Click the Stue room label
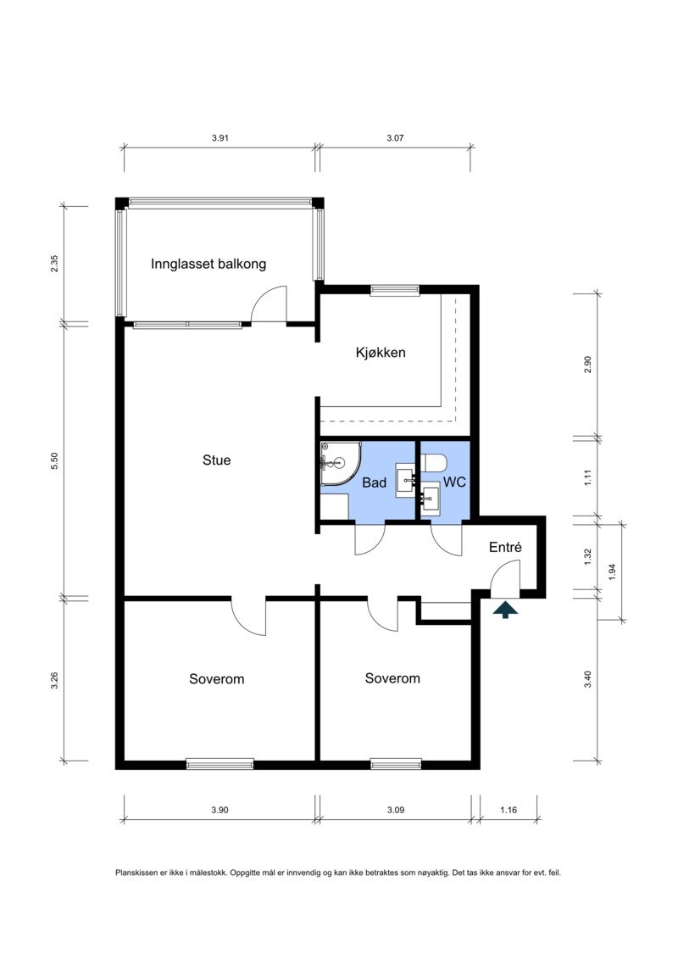[216, 460]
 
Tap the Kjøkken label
[381, 353]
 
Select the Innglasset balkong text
[208, 264]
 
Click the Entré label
[505, 548]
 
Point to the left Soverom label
[217, 679]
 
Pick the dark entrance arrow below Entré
[505, 610]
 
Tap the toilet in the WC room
[434, 463]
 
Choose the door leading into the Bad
[370, 540]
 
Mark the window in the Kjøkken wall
[395, 291]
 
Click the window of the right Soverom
[396, 763]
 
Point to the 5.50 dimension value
[55, 460]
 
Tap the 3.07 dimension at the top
[395, 137]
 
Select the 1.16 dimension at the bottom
[508, 811]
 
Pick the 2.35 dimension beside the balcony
[55, 264]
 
